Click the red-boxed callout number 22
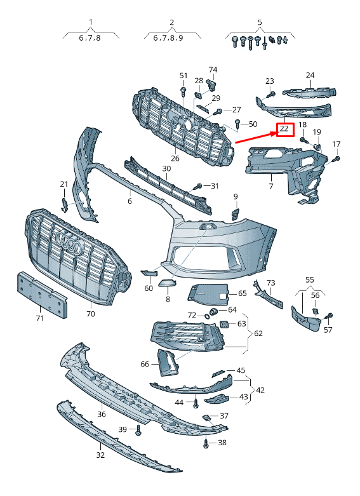[284, 130]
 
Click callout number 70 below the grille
[90, 314]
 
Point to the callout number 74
[213, 69]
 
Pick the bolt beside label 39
[138, 431]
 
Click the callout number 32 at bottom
[100, 455]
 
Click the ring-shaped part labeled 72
[207, 316]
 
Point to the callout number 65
[242, 293]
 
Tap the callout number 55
[309, 279]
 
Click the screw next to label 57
[329, 316]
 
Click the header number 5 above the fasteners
[259, 22]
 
